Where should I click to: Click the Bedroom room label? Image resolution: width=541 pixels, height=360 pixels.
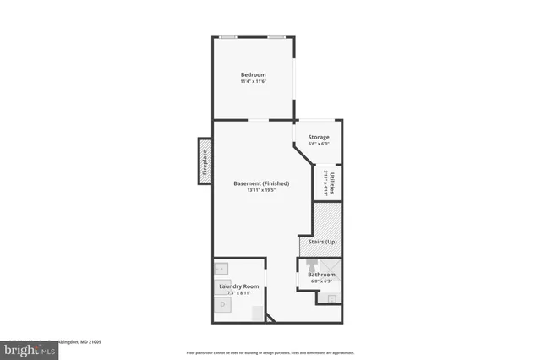click(x=253, y=74)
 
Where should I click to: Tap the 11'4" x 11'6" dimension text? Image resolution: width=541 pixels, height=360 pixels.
click(x=253, y=81)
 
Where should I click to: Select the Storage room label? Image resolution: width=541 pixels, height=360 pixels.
click(x=318, y=137)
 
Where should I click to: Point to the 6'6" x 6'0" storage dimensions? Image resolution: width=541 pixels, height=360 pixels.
click(x=318, y=145)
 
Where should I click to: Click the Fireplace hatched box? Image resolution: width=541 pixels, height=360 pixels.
click(x=204, y=161)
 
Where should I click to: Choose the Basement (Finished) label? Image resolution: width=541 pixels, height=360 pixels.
click(x=261, y=183)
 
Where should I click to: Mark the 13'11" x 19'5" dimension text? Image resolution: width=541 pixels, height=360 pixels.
click(x=261, y=191)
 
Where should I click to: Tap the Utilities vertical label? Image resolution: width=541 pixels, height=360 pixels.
click(x=332, y=183)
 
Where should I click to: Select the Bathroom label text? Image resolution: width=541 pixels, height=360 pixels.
click(x=321, y=275)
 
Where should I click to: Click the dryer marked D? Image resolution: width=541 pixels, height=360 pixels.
click(x=223, y=303)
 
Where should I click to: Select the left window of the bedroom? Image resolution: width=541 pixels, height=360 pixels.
click(x=228, y=37)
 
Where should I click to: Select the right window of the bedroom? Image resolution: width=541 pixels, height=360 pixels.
click(x=276, y=37)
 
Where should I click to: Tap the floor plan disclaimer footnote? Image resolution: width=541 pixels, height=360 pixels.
click(x=270, y=352)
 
